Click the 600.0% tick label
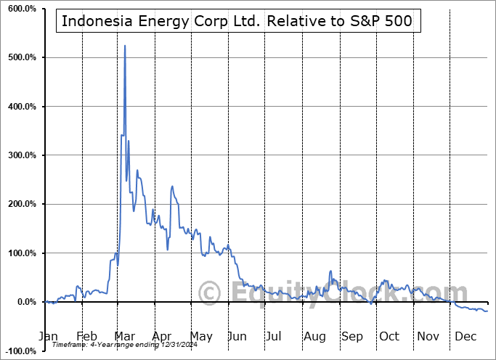click(20, 8)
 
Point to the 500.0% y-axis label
click(20, 57)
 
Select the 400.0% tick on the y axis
click(20, 107)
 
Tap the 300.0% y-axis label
click(20, 155)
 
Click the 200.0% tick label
click(20, 205)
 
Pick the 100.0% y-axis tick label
click(20, 253)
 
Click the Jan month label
click(48, 337)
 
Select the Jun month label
click(237, 337)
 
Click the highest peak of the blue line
click(125, 46)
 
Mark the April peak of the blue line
click(172, 187)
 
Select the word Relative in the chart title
click(296, 21)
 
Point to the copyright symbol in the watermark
click(211, 294)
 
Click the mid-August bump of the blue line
click(330, 271)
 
